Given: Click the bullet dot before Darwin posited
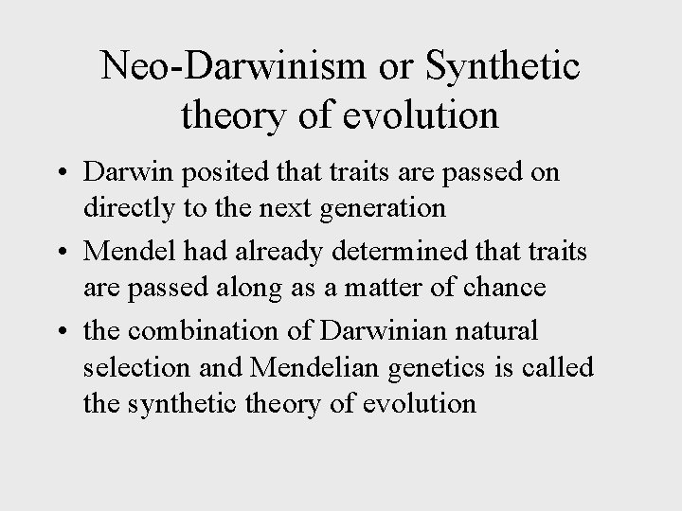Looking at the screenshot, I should (63, 173).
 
